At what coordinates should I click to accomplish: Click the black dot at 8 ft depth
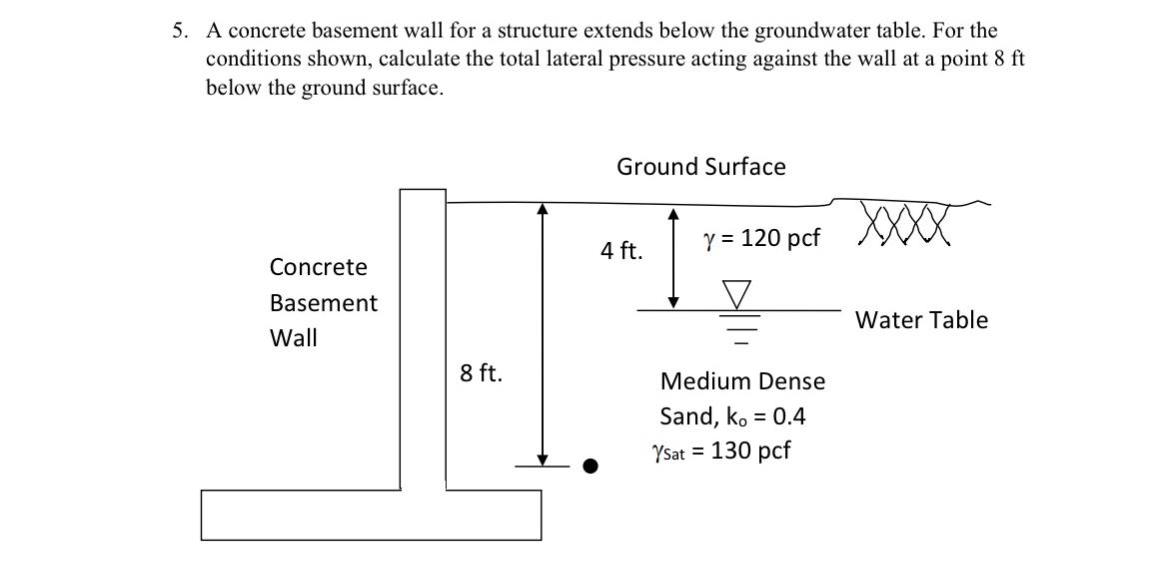coord(591,465)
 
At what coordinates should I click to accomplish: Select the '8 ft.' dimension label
coord(482,374)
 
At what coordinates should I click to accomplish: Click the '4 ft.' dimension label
coord(621,251)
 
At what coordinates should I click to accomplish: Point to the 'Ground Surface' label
coord(700,167)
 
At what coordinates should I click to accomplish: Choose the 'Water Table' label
coord(921,321)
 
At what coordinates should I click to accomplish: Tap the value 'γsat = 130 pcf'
coord(719,451)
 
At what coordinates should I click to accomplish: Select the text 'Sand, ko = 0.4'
coord(732,416)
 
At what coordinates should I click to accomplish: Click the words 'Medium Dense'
coord(742,381)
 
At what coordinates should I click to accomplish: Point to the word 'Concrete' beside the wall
coord(318,267)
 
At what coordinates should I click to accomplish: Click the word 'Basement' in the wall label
coord(324,303)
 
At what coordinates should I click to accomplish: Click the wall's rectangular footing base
coord(371,514)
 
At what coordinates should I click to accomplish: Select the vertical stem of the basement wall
coord(423,340)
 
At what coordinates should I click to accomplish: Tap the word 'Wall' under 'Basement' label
coord(293,338)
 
